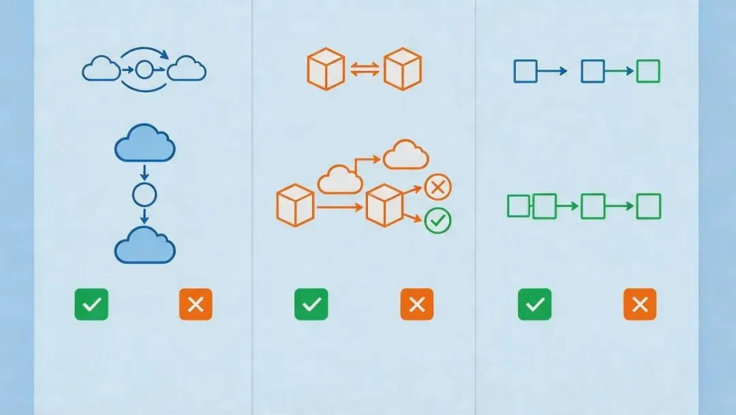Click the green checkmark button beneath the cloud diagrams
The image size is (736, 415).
[91, 304]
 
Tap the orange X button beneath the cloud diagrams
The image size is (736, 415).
[196, 304]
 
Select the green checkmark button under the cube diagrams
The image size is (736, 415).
[311, 304]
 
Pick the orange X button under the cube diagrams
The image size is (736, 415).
[416, 304]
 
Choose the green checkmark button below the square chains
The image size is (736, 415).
[534, 304]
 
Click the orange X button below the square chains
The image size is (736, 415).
[639, 304]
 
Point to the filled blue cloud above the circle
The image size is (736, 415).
[144, 144]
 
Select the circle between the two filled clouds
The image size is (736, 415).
[144, 196]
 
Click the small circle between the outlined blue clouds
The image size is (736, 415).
[144, 69]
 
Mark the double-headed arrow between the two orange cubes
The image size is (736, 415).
[364, 70]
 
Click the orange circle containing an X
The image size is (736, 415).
[438, 186]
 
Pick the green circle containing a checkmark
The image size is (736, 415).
[438, 220]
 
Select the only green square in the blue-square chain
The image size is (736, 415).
[647, 71]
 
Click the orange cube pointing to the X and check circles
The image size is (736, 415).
[385, 205]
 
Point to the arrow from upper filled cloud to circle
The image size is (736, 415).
[144, 171]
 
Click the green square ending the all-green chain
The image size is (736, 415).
[647, 206]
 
